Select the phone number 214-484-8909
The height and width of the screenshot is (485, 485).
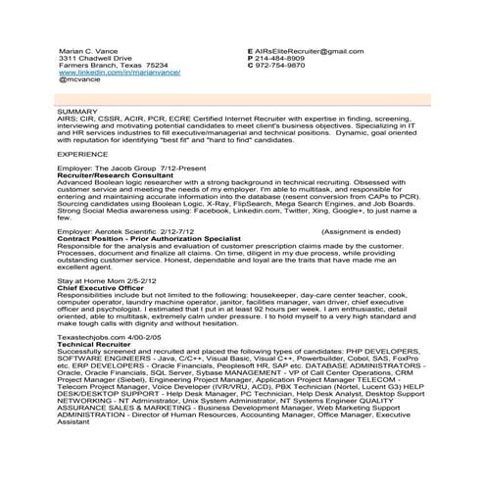point(283,58)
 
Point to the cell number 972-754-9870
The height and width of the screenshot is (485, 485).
point(283,66)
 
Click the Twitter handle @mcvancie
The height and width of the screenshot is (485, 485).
point(80,80)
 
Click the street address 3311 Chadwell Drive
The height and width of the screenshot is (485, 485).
point(95,58)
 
